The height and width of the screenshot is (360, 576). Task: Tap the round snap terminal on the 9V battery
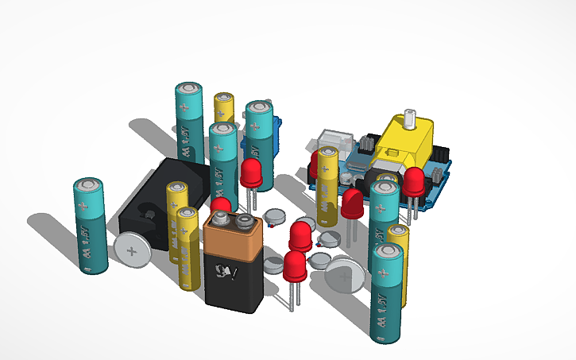(245, 221)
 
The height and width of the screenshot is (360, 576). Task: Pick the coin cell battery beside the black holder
(133, 251)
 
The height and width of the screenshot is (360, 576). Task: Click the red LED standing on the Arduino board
(413, 182)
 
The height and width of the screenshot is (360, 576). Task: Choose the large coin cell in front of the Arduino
(346, 278)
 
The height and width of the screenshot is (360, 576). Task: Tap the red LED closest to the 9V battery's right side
(295, 265)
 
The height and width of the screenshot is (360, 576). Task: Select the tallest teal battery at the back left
(190, 119)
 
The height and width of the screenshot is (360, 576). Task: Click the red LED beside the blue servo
(252, 172)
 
